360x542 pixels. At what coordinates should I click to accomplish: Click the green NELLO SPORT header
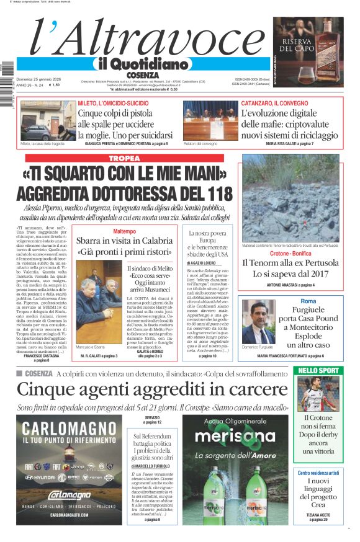coord(318,370)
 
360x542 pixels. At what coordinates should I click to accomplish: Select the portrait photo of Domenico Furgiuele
coord(258,321)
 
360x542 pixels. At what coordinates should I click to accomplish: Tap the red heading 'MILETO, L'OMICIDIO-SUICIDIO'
coord(112,103)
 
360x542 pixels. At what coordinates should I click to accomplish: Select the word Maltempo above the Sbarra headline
coord(124,231)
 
